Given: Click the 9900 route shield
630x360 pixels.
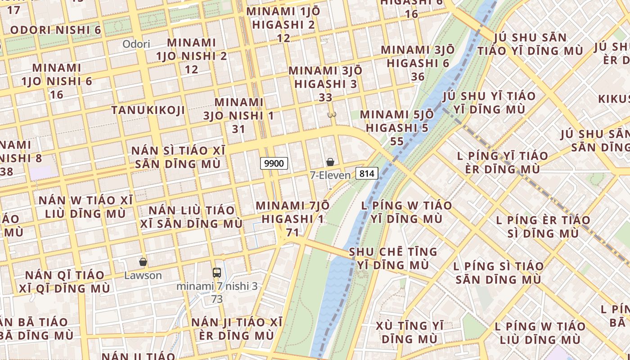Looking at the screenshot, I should [274, 163].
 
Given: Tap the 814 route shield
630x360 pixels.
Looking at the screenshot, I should [367, 173].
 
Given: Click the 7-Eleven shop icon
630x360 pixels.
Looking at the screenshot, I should [330, 162].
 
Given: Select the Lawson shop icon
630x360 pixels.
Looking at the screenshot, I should [143, 262].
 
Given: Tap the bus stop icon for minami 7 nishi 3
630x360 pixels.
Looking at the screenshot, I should [217, 272].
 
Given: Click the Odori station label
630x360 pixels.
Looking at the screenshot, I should [136, 44].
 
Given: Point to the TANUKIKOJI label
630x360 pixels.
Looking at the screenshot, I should [148, 110].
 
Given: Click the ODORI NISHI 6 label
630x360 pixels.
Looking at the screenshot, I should [55, 30].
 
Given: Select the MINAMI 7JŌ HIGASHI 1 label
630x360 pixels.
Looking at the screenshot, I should [292, 212].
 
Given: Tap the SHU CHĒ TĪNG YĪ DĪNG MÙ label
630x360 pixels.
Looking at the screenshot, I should [393, 258].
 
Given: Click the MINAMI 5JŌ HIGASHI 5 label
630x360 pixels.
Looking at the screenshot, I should [397, 121].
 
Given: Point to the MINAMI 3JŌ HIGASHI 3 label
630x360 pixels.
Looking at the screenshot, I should [325, 77].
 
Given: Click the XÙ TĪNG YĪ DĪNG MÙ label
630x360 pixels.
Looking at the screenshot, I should [409, 332].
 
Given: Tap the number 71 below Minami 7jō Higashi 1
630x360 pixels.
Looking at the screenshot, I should [292, 232].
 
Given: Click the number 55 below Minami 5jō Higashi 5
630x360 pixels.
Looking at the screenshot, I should [397, 141].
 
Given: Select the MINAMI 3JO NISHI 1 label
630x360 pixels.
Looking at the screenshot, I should [238, 109].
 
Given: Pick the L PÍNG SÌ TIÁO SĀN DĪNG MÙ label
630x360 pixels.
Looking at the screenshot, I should [499, 273].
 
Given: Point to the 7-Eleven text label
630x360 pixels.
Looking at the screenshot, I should [330, 175].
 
